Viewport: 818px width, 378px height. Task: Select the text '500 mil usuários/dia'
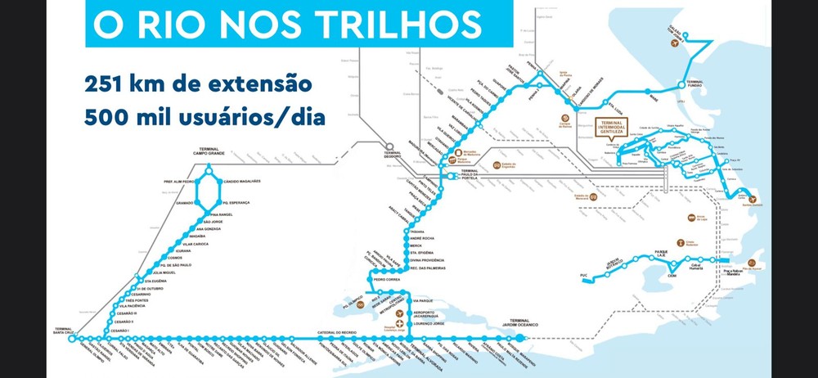pos(204,117)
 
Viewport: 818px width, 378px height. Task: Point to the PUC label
pos(583,275)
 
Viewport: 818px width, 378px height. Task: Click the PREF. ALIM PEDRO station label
pos(180,181)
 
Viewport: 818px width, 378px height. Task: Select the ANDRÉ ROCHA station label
pos(425,238)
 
